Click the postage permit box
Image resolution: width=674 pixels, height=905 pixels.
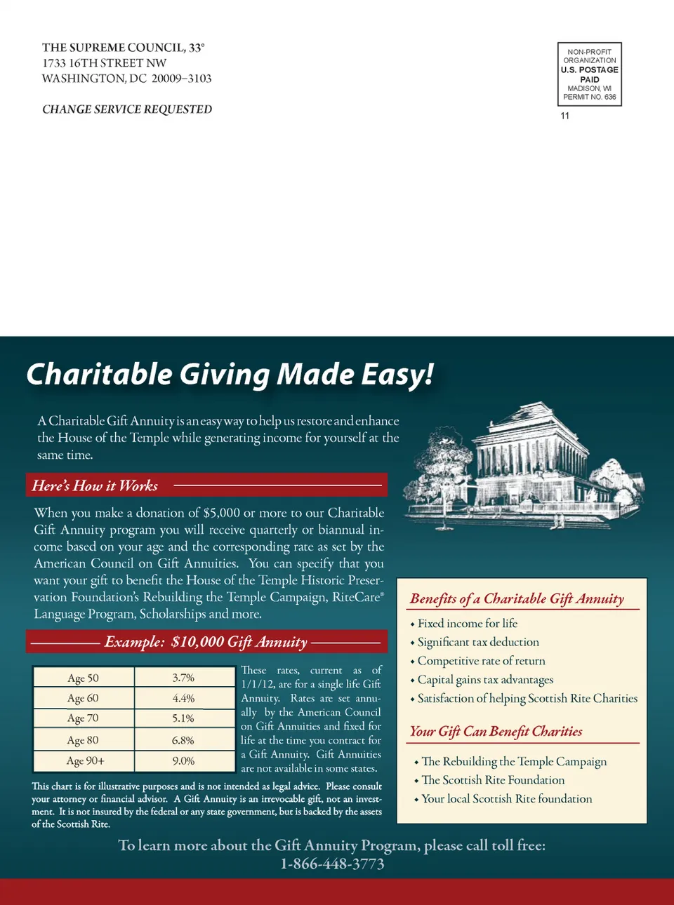tap(590, 74)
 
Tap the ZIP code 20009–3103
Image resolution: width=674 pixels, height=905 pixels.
tap(181, 79)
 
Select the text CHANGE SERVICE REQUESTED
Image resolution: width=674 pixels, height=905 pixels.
tap(127, 109)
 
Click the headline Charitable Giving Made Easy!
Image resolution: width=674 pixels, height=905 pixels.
tap(230, 375)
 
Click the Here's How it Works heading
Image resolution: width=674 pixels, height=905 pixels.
tap(95, 485)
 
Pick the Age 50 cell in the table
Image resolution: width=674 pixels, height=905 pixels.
tap(83, 678)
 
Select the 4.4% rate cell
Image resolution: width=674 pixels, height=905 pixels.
tap(183, 699)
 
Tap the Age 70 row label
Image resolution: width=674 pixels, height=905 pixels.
tap(83, 718)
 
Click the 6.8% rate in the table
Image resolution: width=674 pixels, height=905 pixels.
tap(183, 740)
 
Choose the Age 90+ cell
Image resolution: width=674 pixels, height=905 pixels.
tap(85, 761)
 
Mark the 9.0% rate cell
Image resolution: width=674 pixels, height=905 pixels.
tap(183, 761)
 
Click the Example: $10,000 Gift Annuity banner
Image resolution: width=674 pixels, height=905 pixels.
tap(206, 642)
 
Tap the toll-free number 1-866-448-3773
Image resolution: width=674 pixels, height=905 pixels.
tap(332, 864)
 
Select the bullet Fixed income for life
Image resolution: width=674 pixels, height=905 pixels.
tap(467, 624)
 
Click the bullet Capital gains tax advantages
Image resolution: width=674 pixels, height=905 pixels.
tap(485, 680)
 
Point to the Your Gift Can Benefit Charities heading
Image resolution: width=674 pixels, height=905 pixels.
tap(496, 732)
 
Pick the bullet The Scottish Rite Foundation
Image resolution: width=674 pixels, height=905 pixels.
tap(493, 780)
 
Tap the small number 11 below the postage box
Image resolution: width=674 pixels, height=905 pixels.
tap(565, 116)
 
